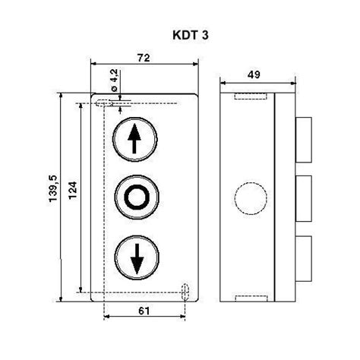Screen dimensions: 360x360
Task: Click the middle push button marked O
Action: point(137,197)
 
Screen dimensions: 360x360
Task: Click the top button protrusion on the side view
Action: point(302,139)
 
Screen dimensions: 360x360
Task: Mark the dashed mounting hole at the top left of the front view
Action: point(100,103)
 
